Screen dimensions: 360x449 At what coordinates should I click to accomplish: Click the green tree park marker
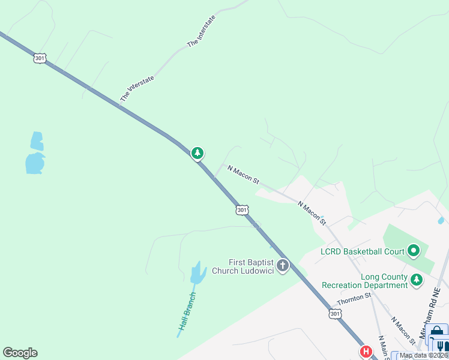point(197,153)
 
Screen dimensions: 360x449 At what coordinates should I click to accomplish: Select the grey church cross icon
point(282,265)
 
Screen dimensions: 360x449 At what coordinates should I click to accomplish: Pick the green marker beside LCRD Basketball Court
point(413,250)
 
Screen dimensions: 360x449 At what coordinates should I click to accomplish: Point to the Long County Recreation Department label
point(365,281)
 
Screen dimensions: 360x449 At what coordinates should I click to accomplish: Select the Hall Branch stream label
point(187,311)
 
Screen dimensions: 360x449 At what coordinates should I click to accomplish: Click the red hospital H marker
point(364,352)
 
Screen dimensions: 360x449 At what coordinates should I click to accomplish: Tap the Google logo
point(20,353)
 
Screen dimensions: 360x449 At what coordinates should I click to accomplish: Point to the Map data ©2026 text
point(423,355)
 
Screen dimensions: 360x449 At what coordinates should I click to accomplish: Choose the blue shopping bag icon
point(438,332)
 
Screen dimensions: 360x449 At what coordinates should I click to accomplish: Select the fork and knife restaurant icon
point(441,346)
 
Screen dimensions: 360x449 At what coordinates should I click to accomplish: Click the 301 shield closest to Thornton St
point(335,314)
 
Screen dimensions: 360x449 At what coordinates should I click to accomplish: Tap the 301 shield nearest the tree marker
point(241,209)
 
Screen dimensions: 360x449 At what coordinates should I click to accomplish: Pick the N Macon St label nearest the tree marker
point(244,176)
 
